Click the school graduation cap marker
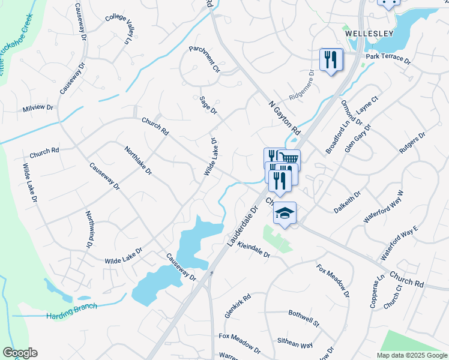(x=285, y=214)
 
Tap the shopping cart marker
(x=289, y=159)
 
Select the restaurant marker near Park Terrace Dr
(x=331, y=59)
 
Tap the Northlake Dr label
(x=138, y=161)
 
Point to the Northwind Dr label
(x=89, y=229)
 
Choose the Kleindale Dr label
(x=254, y=251)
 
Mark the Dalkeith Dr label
(x=348, y=203)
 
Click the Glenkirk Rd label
(x=237, y=305)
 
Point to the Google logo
(x=20, y=353)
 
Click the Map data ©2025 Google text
(x=412, y=355)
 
